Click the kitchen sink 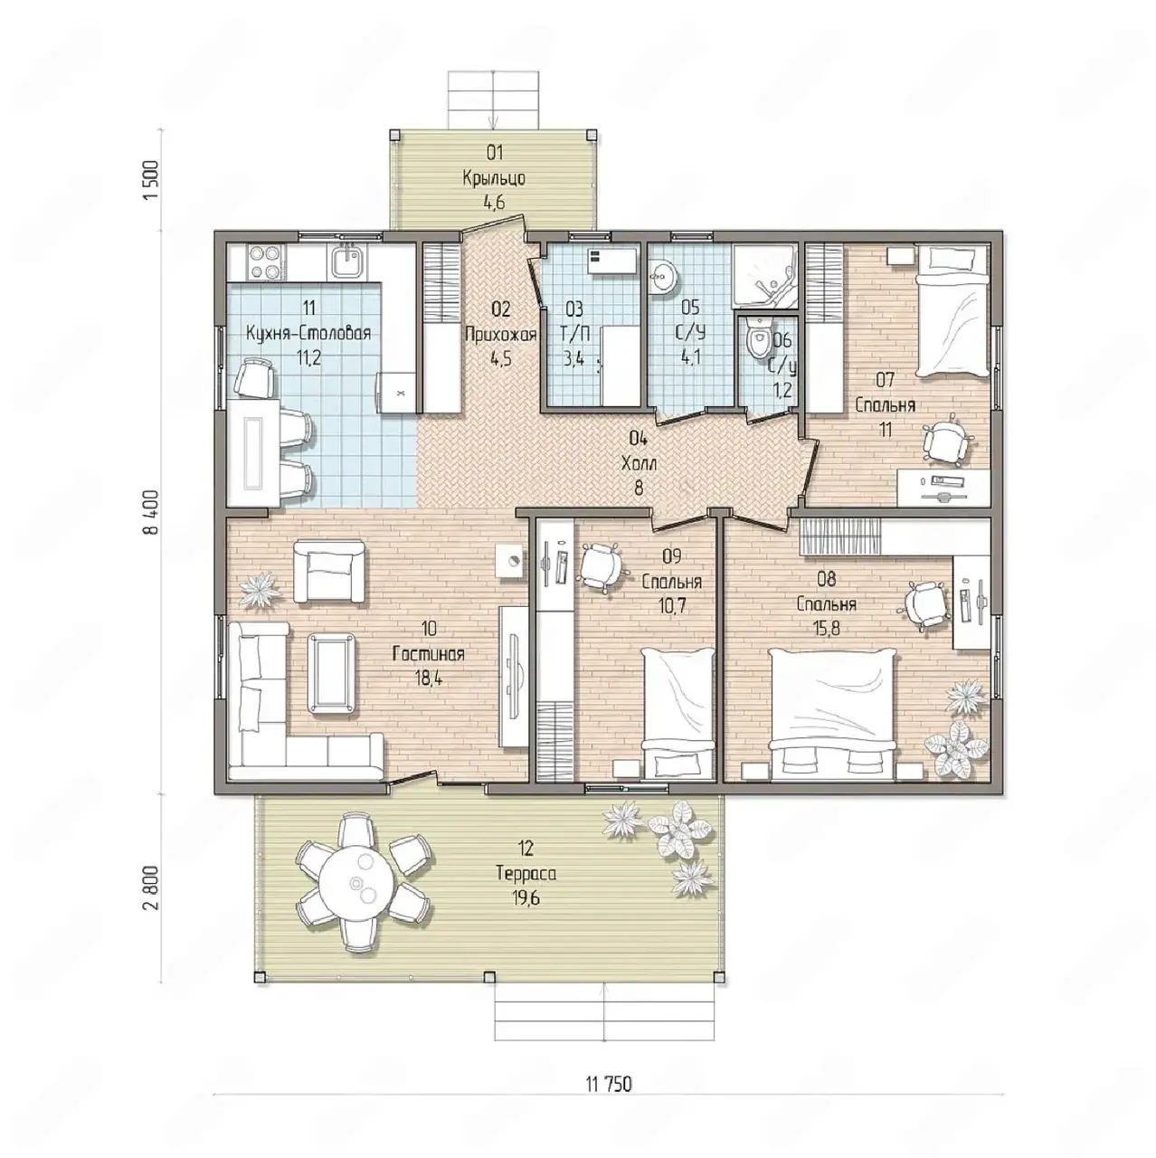click(346, 261)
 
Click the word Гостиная click(429, 654)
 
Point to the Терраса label click(526, 873)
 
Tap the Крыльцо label click(494, 178)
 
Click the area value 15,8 click(827, 629)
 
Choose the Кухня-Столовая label click(308, 333)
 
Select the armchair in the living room click(329, 571)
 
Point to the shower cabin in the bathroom click(765, 277)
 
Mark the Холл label click(639, 463)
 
